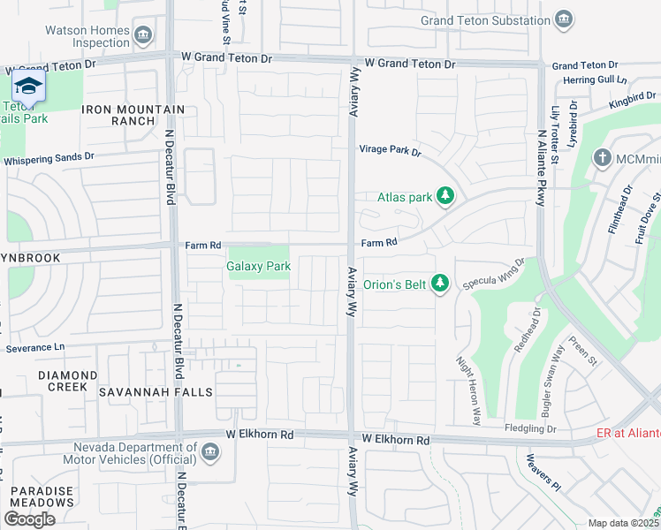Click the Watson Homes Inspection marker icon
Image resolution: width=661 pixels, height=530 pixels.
144,35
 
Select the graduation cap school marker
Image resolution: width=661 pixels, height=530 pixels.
28,87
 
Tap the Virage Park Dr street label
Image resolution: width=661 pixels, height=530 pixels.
390,150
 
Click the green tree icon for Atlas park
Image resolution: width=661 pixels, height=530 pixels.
445,197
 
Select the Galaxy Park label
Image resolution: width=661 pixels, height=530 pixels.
259,266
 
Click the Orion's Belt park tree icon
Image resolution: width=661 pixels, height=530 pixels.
441,284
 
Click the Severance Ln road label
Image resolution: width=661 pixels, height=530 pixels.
35,348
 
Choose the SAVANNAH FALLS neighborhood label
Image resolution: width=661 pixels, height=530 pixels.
156,391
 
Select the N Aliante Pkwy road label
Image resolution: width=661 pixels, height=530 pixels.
540,169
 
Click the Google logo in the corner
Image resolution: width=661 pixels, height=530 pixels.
30,519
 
